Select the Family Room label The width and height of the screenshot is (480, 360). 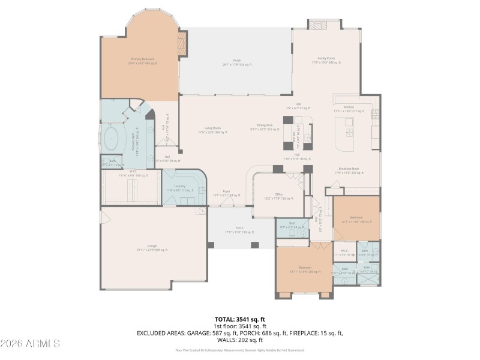coord(326,60)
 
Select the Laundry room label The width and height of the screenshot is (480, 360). coord(179,188)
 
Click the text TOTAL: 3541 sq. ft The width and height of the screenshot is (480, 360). coord(239,319)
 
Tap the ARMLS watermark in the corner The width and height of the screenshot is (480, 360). coord(30,343)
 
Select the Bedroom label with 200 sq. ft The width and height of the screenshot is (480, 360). coord(305,269)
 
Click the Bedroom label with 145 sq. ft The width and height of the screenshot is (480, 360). coord(356,219)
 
